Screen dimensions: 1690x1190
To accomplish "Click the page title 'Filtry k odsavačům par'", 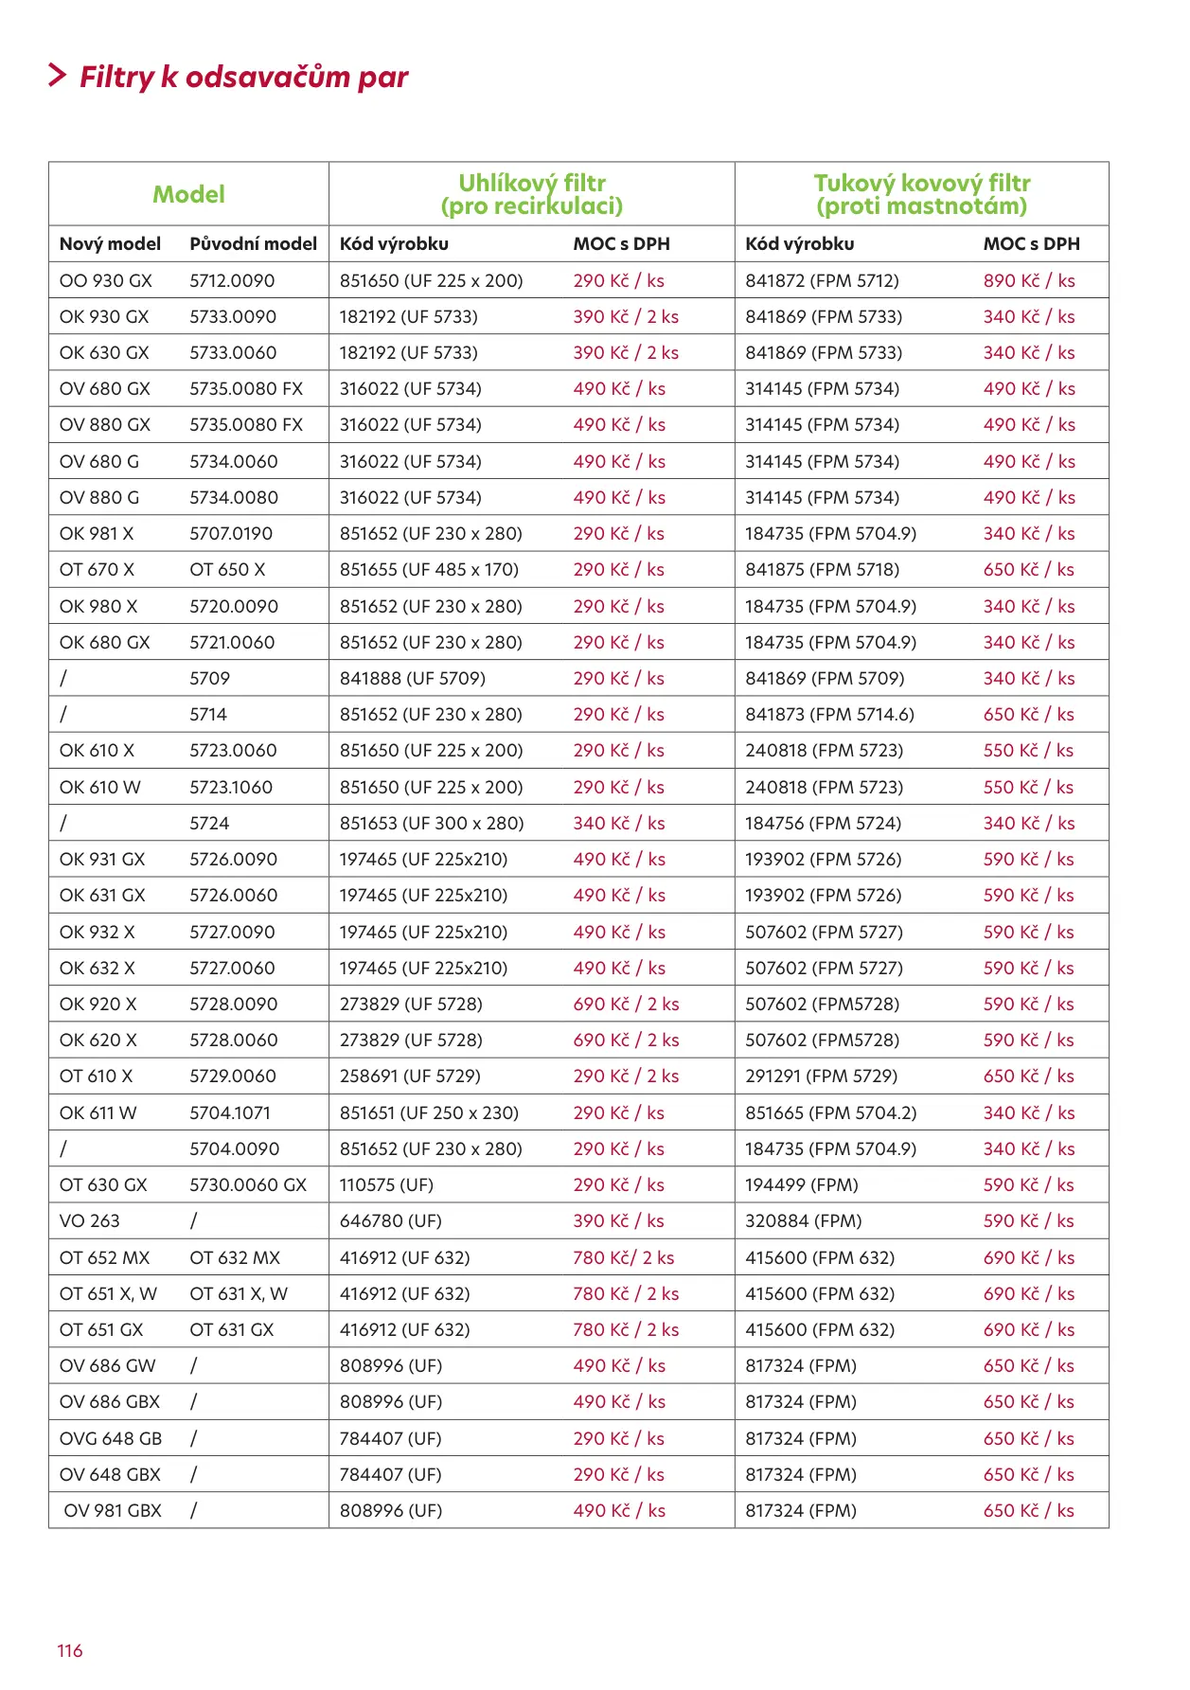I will point(243,77).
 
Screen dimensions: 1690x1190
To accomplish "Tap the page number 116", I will point(70,1650).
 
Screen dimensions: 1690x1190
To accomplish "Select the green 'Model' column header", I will point(188,194).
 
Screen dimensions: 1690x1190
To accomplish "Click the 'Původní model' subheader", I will point(253,243).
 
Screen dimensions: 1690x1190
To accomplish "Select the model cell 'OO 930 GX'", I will point(105,280).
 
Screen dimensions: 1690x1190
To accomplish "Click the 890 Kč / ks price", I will point(1028,280).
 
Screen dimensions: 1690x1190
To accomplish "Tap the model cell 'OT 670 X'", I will point(97,569).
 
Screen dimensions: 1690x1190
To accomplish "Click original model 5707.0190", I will point(230,533).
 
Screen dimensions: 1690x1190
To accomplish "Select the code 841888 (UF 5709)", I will point(412,678).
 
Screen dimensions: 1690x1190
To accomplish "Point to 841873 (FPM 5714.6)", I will point(829,714).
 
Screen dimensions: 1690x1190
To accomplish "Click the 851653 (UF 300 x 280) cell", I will point(432,823).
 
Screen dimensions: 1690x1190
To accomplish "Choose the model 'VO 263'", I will point(89,1220).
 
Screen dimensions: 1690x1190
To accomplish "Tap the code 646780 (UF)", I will point(390,1220).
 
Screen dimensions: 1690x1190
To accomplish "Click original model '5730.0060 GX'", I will point(248,1184).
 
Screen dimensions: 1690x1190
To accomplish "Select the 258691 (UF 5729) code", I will point(410,1076).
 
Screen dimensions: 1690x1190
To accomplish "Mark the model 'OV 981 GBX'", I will point(113,1510).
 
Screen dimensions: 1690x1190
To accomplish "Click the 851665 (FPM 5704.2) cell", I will point(830,1112).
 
